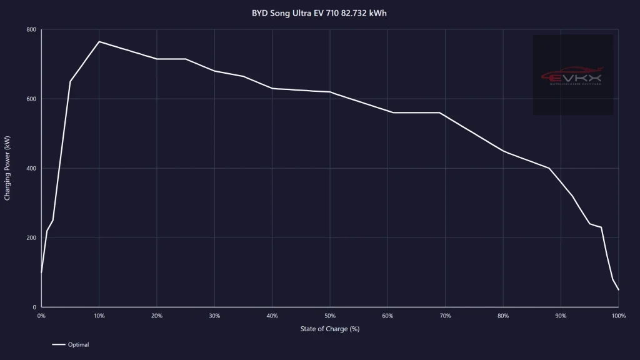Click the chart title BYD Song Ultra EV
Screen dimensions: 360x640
pos(319,12)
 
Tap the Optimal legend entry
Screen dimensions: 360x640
pos(71,344)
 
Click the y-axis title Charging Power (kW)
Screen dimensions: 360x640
pos(7,168)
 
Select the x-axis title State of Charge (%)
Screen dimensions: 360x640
pos(329,329)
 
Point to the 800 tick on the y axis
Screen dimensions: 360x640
pos(31,30)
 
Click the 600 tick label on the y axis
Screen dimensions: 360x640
pos(31,99)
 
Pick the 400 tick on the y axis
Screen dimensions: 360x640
pos(31,169)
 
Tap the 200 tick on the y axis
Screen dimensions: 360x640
pos(31,238)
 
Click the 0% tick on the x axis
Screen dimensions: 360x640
pos(41,316)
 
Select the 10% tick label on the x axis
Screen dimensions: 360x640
pos(99,316)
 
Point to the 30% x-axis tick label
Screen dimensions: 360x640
pos(214,316)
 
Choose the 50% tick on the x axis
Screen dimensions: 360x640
pos(330,316)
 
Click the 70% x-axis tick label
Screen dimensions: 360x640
pos(446,316)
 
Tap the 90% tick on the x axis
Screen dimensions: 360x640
pos(561,316)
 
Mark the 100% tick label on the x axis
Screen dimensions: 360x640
pos(619,316)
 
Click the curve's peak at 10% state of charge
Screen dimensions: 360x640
pos(99,42)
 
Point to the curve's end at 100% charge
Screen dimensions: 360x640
pos(619,290)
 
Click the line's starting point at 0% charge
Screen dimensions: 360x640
pos(41,272)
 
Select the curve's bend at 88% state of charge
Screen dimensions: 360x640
pos(549,169)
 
